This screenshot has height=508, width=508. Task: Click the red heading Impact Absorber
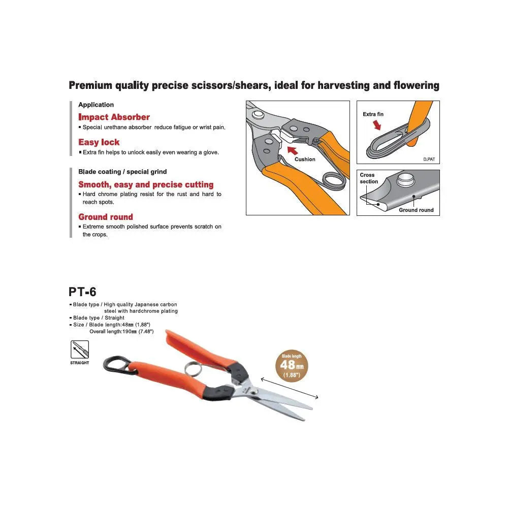(114, 117)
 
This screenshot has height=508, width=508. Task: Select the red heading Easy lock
(99, 142)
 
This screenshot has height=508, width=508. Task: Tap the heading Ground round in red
(106, 217)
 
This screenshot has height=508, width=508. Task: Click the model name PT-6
(82, 292)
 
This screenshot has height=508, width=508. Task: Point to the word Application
(96, 105)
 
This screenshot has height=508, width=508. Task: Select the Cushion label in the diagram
(305, 160)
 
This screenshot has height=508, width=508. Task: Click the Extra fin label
(373, 114)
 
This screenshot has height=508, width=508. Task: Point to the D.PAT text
(429, 160)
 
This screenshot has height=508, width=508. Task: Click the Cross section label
(369, 178)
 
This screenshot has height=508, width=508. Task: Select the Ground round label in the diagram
(416, 210)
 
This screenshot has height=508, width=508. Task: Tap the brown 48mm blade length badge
(292, 366)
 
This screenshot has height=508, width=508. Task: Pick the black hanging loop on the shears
(114, 364)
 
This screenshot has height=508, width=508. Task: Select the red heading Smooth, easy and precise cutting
(146, 185)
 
